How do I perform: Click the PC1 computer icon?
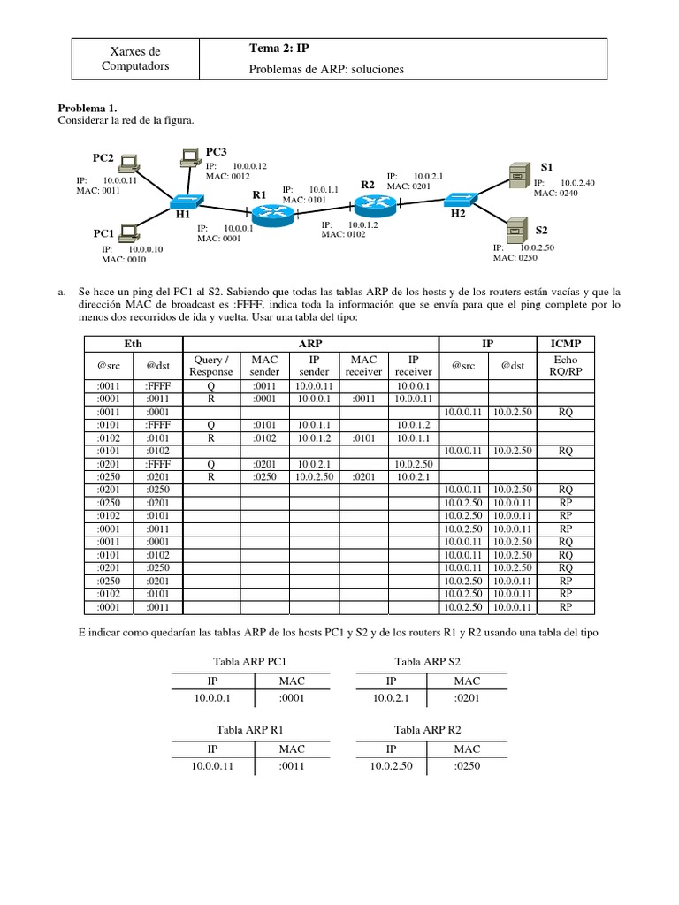point(130,232)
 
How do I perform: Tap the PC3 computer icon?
point(189,158)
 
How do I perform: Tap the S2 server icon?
point(515,228)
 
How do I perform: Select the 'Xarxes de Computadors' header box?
point(135,59)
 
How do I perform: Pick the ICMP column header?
point(566,343)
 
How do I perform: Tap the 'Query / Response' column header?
point(211,366)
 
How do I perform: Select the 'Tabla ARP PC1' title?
point(250,662)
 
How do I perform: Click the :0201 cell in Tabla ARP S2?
point(466,699)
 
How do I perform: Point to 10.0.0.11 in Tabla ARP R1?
point(212,766)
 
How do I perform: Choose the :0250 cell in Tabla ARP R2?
point(466,766)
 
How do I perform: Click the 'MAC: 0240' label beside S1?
point(556,193)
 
